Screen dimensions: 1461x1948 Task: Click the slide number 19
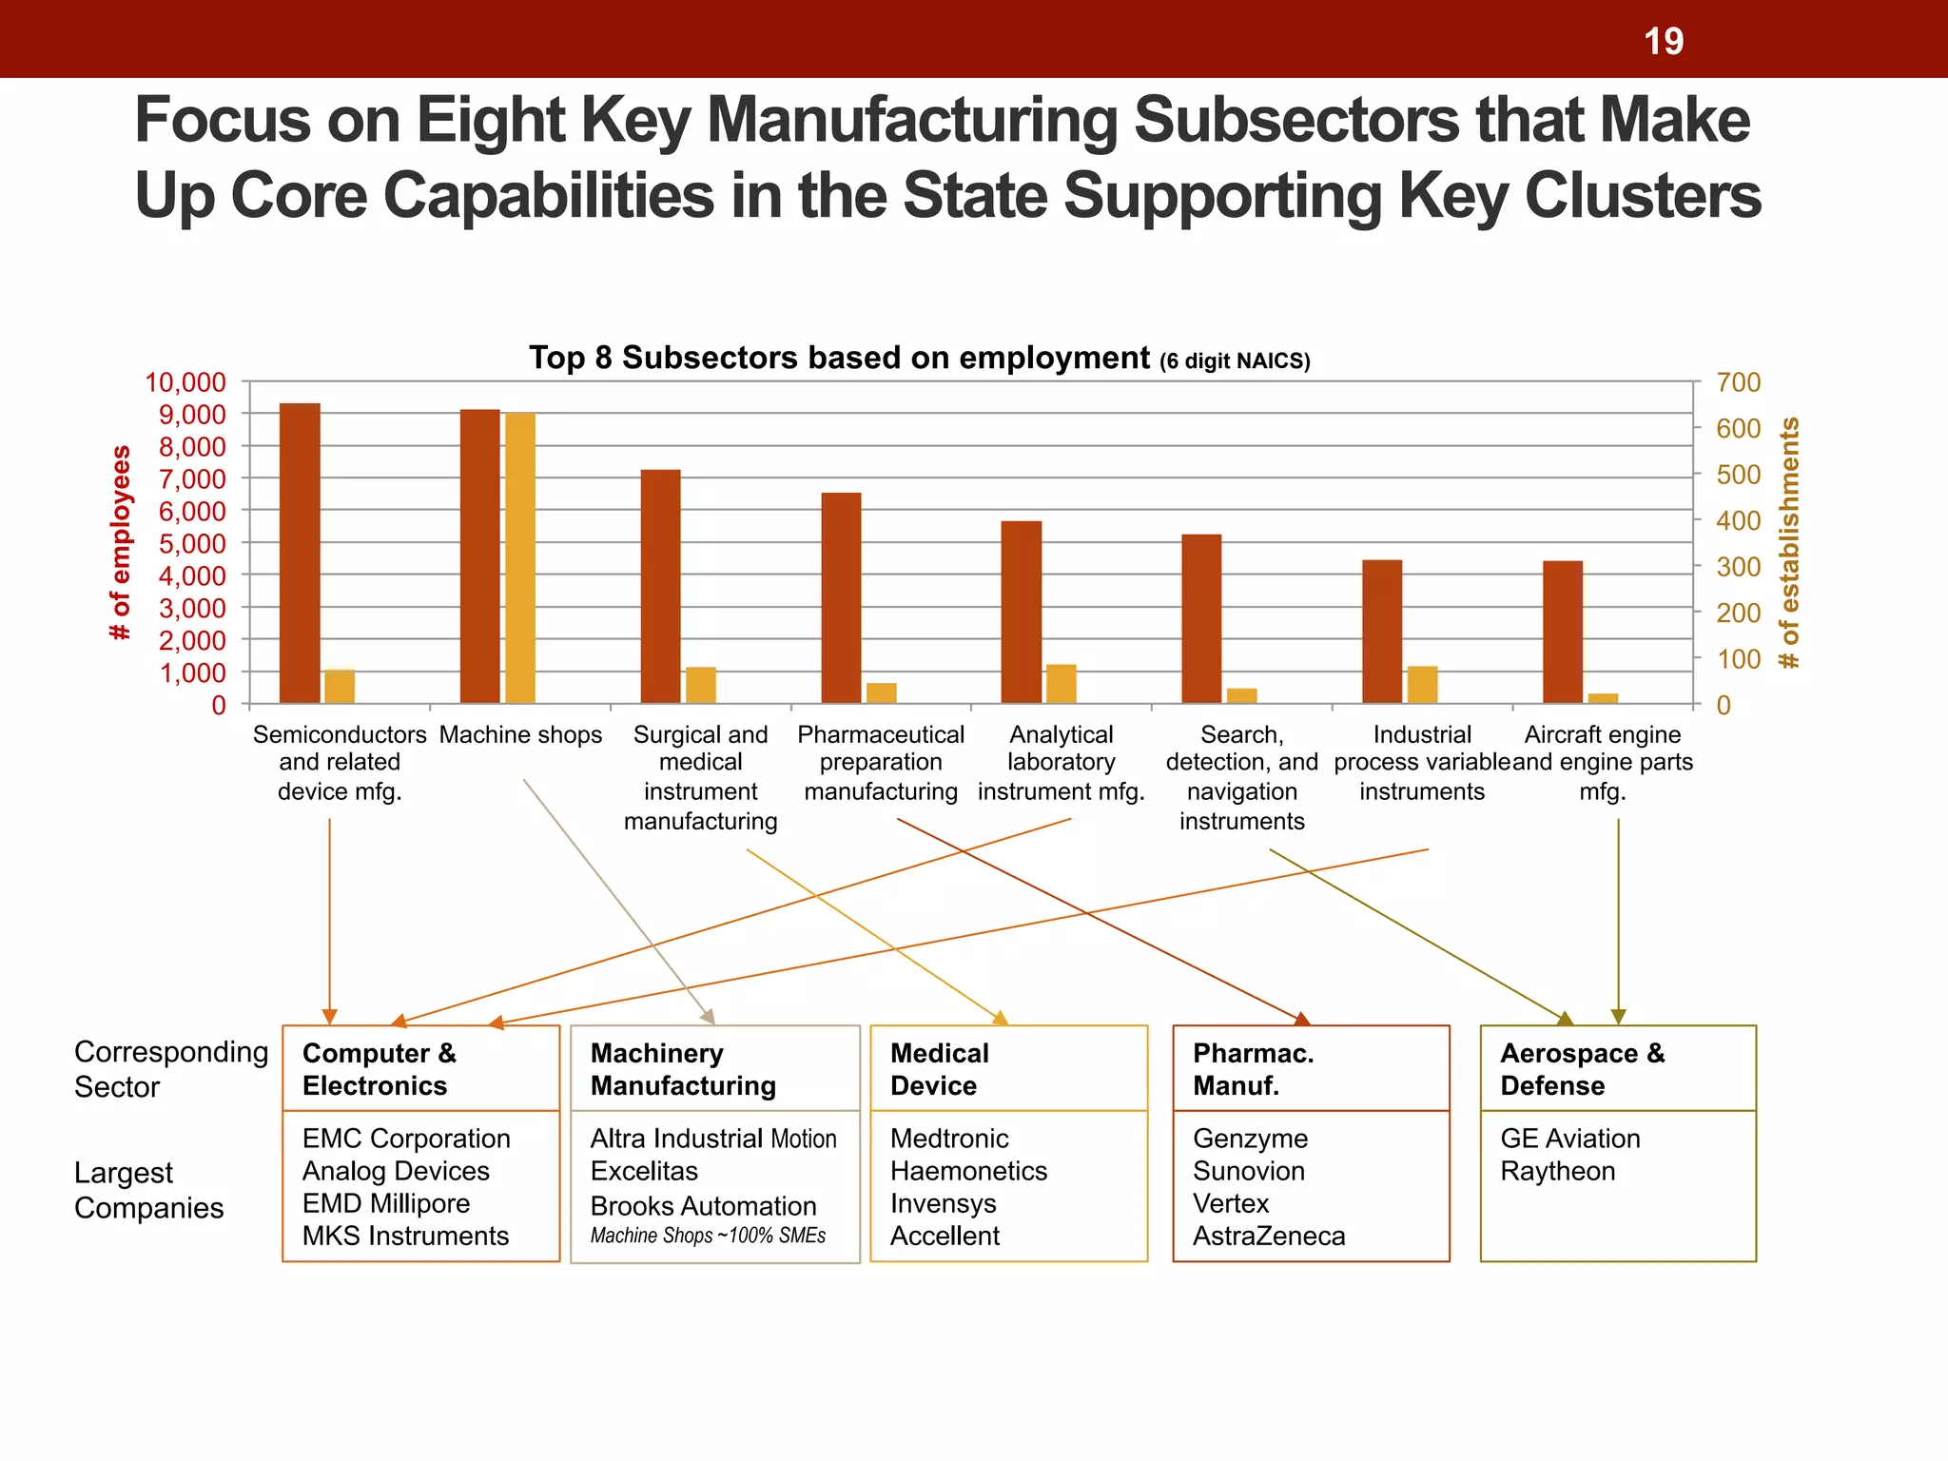[x=1664, y=41]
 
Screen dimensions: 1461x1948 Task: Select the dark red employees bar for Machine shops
[x=480, y=556]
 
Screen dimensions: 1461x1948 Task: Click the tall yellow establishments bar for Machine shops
[x=520, y=558]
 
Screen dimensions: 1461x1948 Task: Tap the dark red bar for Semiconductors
[x=300, y=554]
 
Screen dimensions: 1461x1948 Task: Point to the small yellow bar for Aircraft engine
[x=1603, y=698]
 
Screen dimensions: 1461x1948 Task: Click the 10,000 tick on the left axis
[x=185, y=382]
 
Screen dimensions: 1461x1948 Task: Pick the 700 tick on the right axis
[x=1738, y=382]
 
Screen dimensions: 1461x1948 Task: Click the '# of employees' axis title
[x=121, y=542]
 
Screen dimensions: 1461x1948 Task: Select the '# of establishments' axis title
[x=1789, y=542]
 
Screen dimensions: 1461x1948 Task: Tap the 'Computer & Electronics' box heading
[x=380, y=1069]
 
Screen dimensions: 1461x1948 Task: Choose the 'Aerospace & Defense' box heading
[x=1582, y=1069]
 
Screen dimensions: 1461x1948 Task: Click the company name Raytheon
[x=1557, y=1171]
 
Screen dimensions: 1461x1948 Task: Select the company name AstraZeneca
[x=1269, y=1236]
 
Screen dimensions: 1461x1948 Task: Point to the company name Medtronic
[x=949, y=1139]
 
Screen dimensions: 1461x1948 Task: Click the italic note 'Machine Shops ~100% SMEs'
[x=708, y=1236]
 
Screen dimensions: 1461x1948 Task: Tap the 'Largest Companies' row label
[x=148, y=1190]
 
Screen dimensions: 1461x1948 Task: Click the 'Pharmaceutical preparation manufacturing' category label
[x=881, y=763]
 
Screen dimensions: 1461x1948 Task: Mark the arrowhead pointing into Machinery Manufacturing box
[x=708, y=1017]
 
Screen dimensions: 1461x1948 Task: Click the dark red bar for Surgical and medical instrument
[x=661, y=586]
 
